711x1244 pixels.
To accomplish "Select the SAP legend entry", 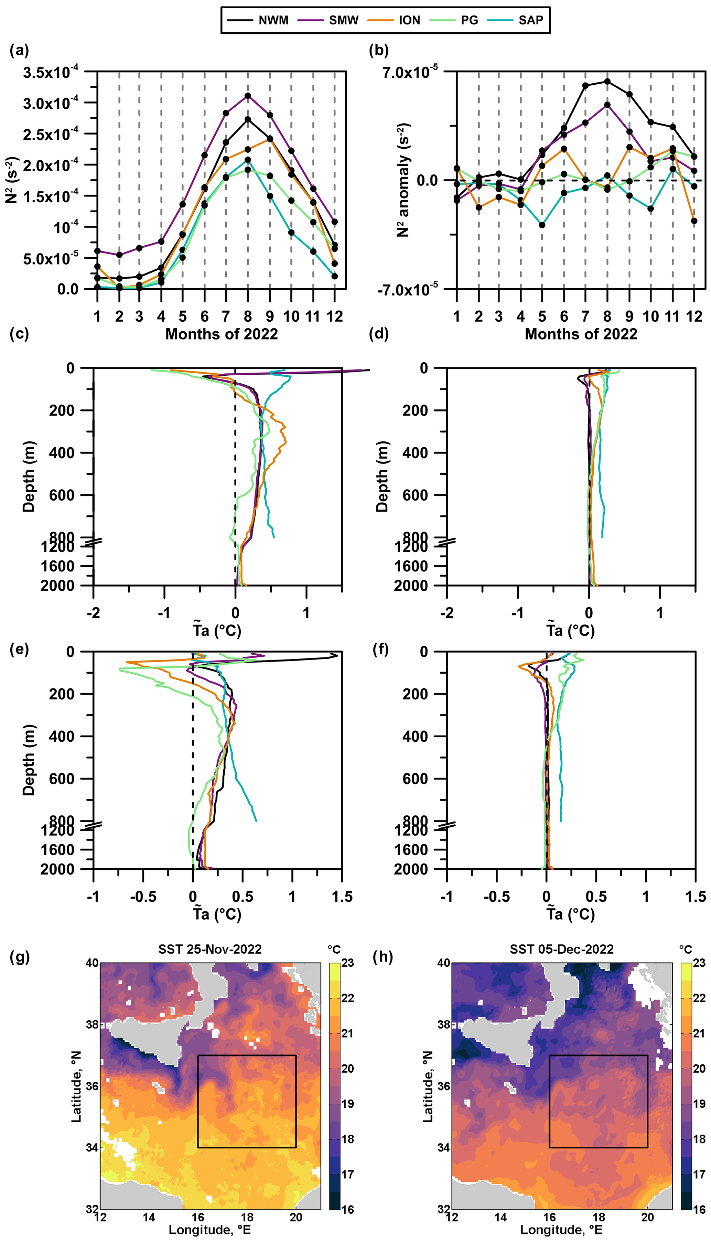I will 531,20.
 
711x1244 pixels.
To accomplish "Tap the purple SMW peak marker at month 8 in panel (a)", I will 248,96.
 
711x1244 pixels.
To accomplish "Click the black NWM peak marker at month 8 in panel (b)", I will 607,82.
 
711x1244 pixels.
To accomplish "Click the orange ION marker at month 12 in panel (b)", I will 694,221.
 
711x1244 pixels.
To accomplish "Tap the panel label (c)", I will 20,334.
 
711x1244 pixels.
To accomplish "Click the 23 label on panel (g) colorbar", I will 348,963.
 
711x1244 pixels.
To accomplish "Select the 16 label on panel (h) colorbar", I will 699,1209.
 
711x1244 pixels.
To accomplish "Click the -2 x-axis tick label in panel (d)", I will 447,613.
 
